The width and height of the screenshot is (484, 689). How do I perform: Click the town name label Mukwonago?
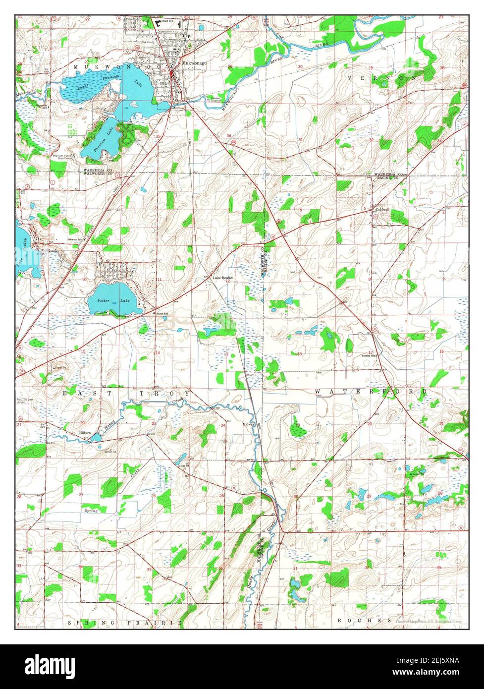click(x=194, y=63)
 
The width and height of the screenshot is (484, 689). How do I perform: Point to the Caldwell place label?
click(x=382, y=209)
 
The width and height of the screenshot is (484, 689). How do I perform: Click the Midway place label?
click(x=248, y=424)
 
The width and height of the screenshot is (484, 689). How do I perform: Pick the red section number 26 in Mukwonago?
click(x=163, y=70)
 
